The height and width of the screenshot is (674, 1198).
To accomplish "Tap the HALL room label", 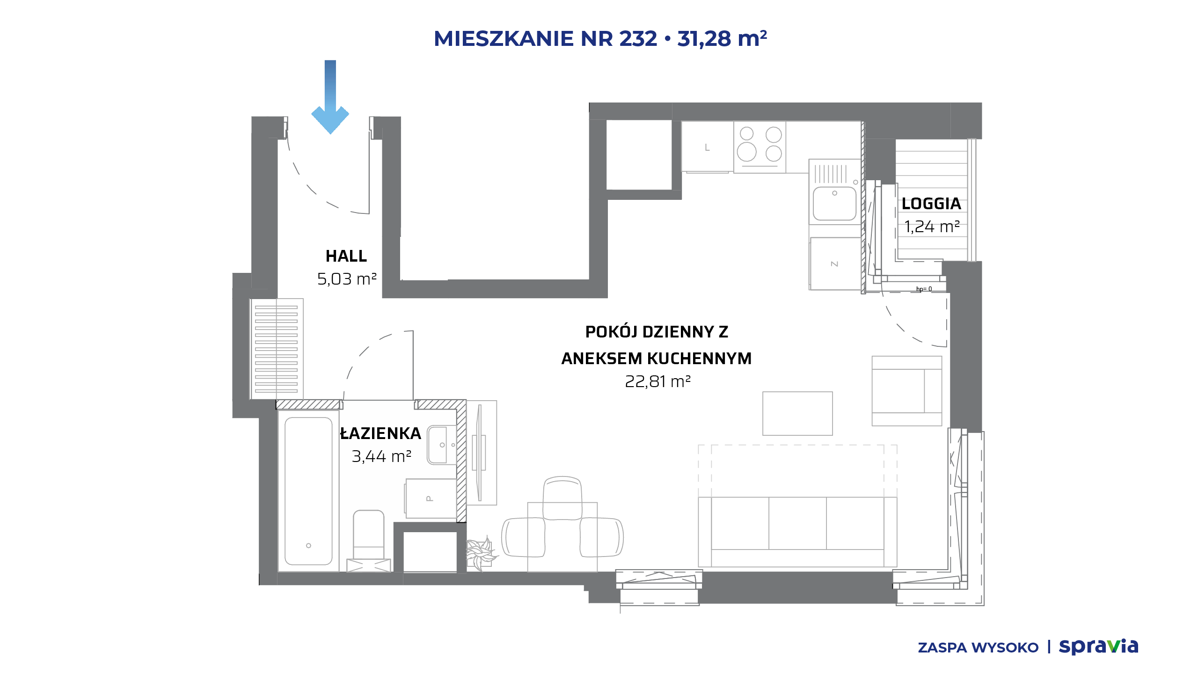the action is [346, 256].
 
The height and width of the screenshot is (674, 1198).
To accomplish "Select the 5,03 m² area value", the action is [347, 279].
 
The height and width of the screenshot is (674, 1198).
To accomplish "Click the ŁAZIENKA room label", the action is [380, 433].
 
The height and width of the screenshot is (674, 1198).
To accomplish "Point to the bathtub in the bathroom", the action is [308, 491].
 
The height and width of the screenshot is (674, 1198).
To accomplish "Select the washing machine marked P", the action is [431, 498].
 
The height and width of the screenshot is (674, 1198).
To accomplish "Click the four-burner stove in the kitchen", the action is [760, 147].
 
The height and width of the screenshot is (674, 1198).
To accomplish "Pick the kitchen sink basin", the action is [834, 203].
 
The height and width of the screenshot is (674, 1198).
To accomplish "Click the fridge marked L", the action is [707, 147].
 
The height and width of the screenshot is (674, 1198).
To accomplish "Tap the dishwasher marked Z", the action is [835, 264].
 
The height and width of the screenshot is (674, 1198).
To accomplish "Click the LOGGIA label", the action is [931, 204].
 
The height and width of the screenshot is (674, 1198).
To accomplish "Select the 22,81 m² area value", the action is [657, 381].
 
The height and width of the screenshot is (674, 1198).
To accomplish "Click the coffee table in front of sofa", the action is [797, 413].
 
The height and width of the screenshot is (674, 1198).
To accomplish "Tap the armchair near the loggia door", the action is [907, 391].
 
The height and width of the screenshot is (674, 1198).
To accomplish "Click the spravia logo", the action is [1098, 646].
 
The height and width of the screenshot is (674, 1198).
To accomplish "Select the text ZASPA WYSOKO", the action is [978, 647].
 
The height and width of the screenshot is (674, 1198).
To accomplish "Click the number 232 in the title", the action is [638, 38].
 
